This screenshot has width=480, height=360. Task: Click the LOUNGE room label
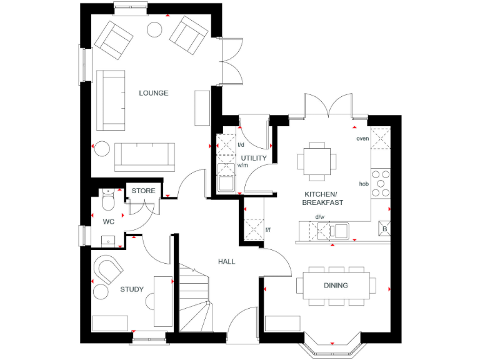click(153, 93)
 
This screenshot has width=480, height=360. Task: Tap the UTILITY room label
click(254, 158)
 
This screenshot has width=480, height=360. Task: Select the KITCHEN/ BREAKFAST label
click(323, 199)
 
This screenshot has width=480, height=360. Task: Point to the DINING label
click(336, 286)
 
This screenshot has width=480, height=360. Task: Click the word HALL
click(226, 261)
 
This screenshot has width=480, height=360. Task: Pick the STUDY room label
click(132, 289)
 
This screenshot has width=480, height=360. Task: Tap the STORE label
click(143, 191)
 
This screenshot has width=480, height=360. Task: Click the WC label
click(109, 221)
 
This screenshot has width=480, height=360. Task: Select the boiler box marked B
click(384, 229)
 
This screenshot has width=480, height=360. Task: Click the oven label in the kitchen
click(362, 138)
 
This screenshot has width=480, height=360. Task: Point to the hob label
click(363, 184)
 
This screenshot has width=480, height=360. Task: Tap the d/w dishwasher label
click(320, 217)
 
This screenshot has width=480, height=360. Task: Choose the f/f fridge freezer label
click(268, 230)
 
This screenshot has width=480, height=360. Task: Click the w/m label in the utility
click(243, 166)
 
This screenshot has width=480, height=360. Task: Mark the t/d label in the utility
click(241, 145)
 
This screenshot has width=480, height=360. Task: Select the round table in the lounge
click(154, 29)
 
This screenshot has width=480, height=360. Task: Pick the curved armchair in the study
click(107, 271)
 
